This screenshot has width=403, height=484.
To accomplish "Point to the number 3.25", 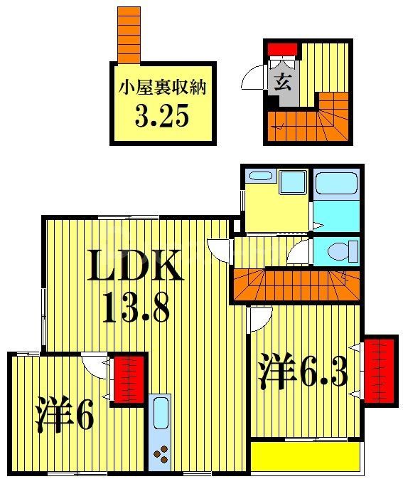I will pos(161,117).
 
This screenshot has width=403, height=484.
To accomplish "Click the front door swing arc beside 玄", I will pos(255,77).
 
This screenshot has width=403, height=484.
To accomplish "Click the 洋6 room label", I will pos(65,416).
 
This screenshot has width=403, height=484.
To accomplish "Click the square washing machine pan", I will pos(292,181).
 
